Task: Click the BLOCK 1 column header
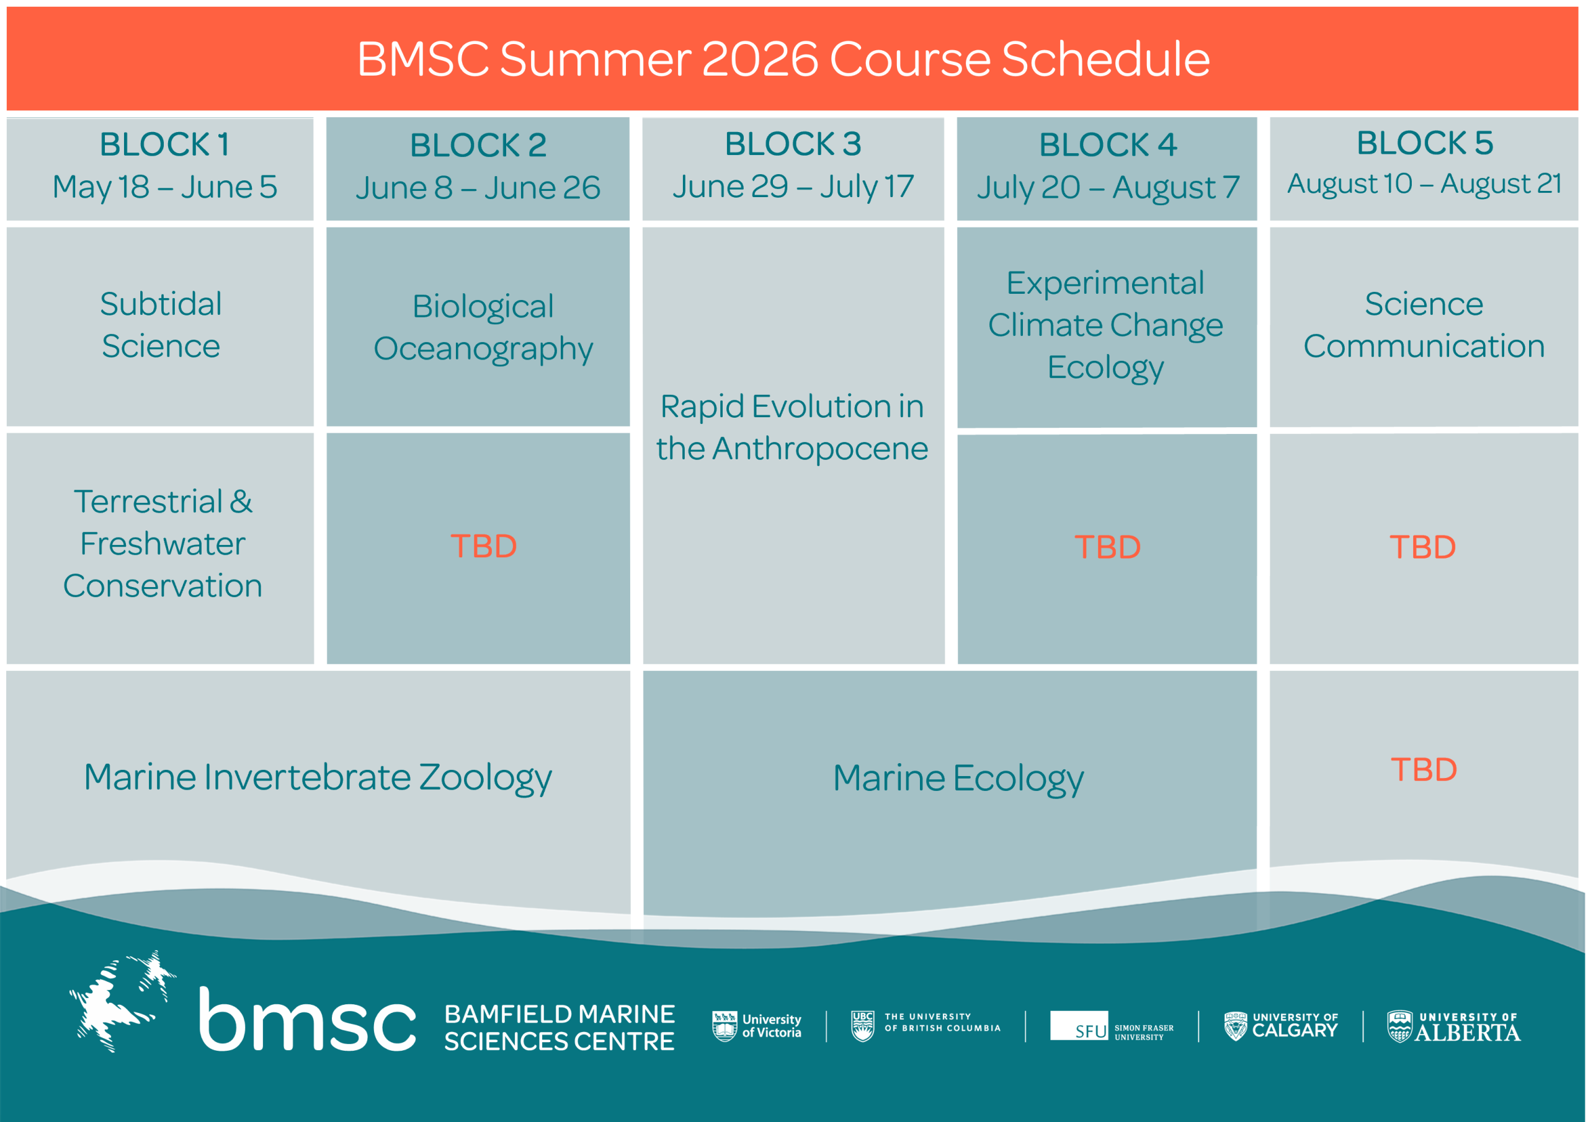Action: [x=164, y=144]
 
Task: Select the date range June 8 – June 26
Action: [x=478, y=188]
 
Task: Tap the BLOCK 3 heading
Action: [x=793, y=144]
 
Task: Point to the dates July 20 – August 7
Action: [x=1108, y=188]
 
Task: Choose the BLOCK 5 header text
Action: [x=1425, y=143]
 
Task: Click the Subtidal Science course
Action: [x=161, y=325]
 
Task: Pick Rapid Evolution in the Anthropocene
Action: [x=793, y=427]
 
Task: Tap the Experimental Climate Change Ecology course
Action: [x=1106, y=325]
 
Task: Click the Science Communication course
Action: [x=1424, y=325]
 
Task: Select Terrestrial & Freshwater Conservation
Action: [x=163, y=544]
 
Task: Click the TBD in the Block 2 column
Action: [x=483, y=546]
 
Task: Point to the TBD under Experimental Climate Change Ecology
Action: [x=1107, y=547]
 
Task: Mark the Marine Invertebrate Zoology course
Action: [x=318, y=778]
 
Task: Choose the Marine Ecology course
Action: [x=958, y=779]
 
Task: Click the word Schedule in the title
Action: [x=1105, y=59]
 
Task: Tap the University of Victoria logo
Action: [x=757, y=1026]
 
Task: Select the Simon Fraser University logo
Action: [x=1112, y=1026]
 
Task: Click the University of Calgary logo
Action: [x=1281, y=1027]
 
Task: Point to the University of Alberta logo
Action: [x=1454, y=1027]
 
